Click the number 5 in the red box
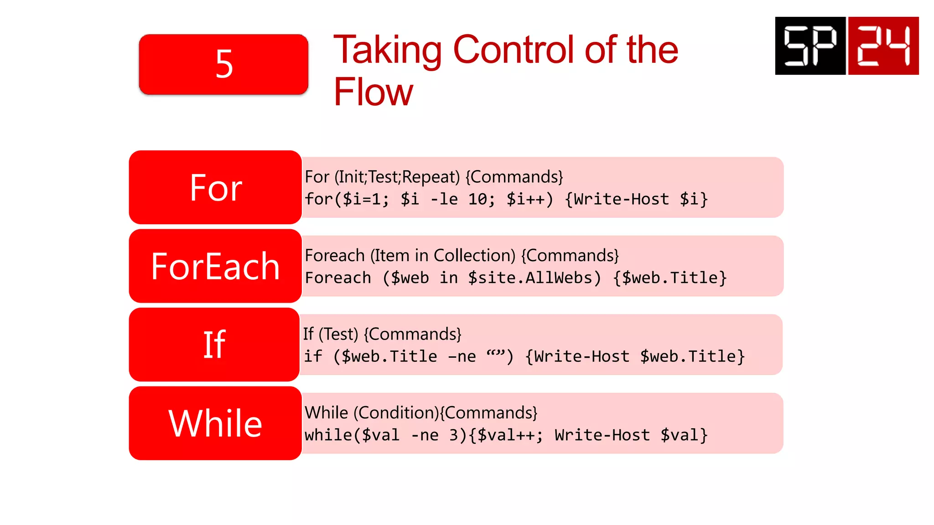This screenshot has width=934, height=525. click(224, 64)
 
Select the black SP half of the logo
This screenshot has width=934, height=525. click(810, 46)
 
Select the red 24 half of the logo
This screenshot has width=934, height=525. click(883, 46)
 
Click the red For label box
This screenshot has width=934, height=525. click(215, 187)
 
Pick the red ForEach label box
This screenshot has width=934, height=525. click(215, 266)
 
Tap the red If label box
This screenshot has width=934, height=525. click(214, 345)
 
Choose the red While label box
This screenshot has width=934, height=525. click(215, 423)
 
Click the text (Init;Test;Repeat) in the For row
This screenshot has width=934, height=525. click(397, 177)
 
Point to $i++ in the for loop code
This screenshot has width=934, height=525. click(529, 199)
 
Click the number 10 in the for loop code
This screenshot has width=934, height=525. click(478, 199)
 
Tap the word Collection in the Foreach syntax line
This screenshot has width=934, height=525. click(474, 256)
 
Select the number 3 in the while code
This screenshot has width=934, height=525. click(454, 435)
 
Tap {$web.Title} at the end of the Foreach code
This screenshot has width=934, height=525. click(669, 278)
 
